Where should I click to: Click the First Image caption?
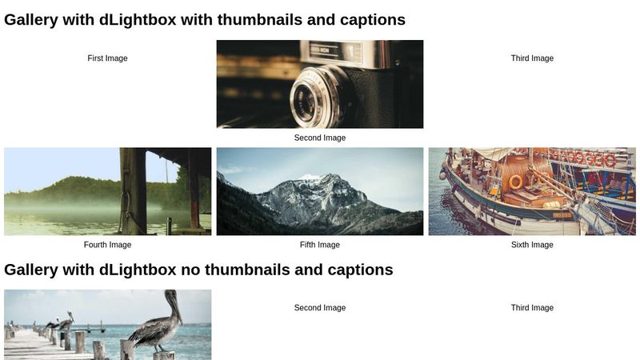(107, 58)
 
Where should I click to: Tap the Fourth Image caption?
(107, 245)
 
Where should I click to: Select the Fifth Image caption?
(319, 245)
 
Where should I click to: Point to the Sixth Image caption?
(532, 245)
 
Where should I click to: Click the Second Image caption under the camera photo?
(319, 138)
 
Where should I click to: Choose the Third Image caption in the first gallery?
(532, 58)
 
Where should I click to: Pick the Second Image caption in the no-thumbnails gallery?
(319, 308)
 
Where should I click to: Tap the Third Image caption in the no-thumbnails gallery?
(532, 308)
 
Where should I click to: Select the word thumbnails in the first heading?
(259, 19)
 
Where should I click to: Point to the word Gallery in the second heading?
(31, 270)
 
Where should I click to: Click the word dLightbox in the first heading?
(138, 20)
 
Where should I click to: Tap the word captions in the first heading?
(372, 21)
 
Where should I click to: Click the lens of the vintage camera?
(305, 101)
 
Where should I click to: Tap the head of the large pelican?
(173, 294)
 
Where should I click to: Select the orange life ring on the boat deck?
(515, 182)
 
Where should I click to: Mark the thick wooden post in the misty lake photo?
(133, 191)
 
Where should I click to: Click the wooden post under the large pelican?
(163, 355)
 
